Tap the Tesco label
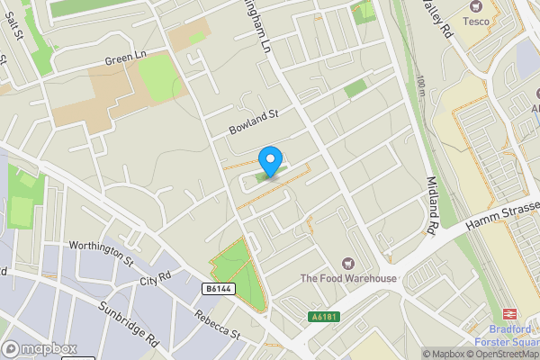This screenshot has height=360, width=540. tap(476, 21)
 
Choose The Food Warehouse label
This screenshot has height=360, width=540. tap(348, 278)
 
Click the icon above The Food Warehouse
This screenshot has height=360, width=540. tap(348, 263)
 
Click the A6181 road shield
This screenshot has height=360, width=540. tap(326, 316)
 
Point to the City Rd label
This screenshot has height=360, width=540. tap(155, 279)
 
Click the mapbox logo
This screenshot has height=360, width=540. tap(39, 348)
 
